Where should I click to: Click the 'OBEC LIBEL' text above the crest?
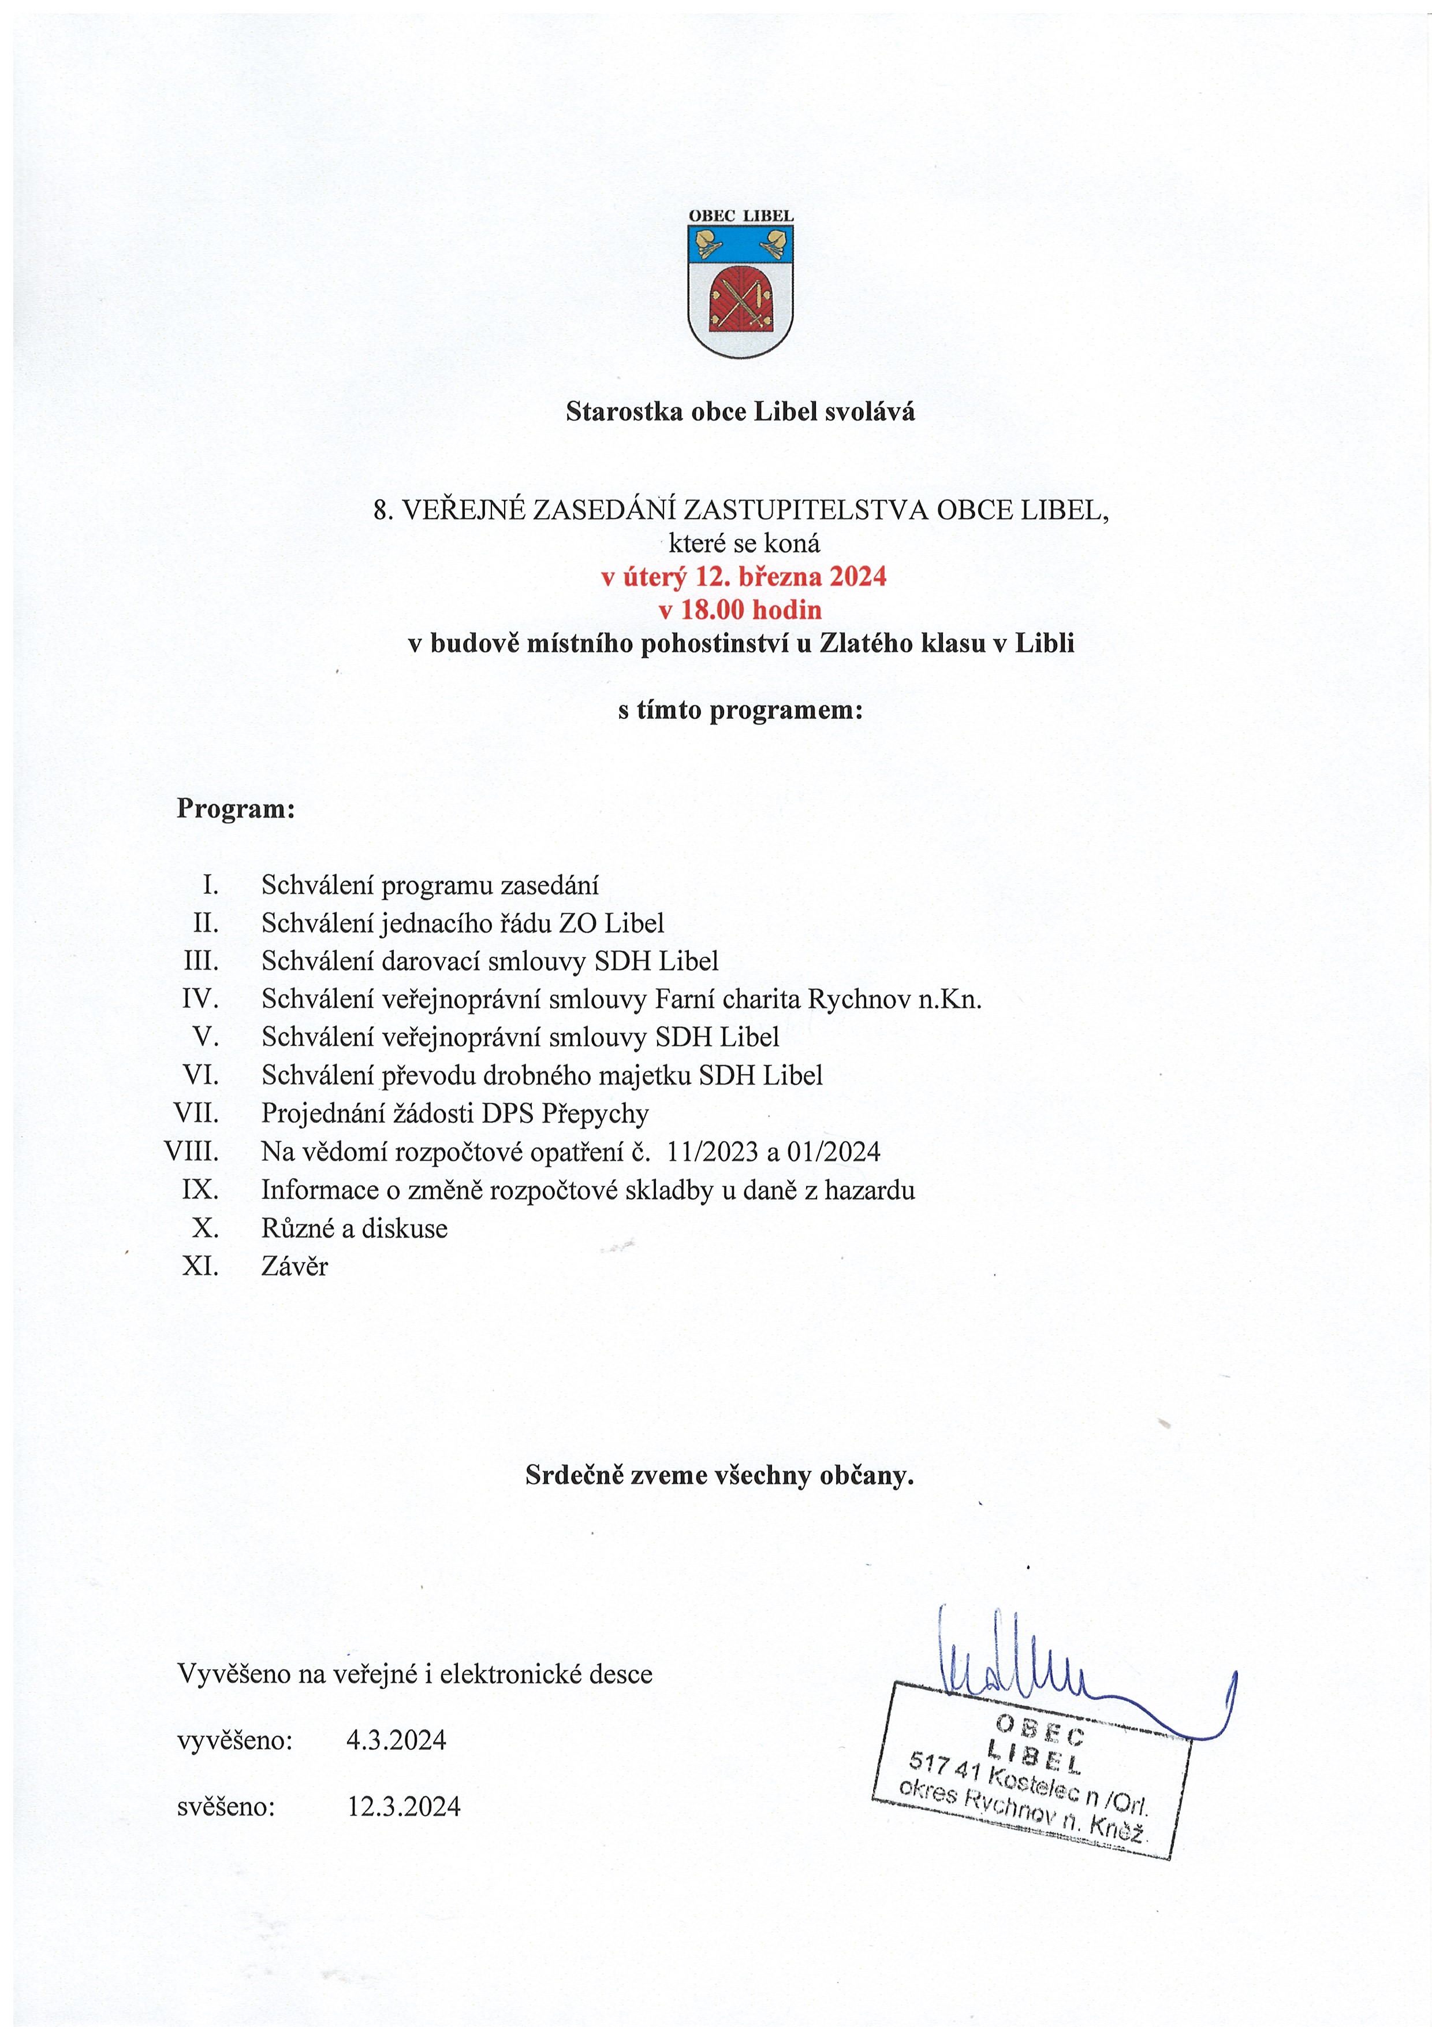coord(740,216)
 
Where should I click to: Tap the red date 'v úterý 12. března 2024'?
coord(743,577)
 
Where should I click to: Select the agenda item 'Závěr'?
coord(294,1267)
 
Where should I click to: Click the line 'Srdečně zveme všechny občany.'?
coord(719,1475)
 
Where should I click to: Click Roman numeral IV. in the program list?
coord(200,1000)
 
